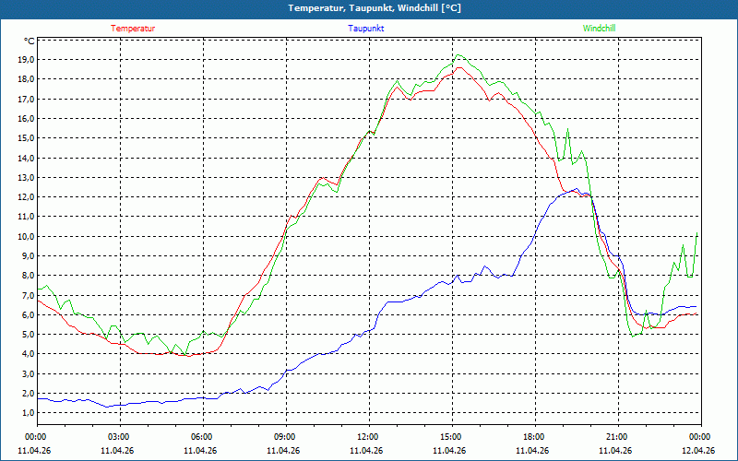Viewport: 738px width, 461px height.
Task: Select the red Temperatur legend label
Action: (133, 29)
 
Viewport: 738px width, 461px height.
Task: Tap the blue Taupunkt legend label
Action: (366, 29)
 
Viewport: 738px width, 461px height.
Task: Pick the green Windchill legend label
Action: (599, 29)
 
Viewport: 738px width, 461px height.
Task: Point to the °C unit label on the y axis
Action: (30, 41)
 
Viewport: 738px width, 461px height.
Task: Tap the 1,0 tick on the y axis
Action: (28, 412)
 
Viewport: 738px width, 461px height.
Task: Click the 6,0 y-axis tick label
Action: (28, 314)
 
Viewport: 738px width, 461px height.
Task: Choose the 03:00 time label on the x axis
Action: (118, 436)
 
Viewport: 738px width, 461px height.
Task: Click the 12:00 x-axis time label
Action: (367, 436)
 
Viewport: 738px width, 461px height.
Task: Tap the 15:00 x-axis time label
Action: (450, 436)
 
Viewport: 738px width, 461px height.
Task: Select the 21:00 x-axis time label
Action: (616, 436)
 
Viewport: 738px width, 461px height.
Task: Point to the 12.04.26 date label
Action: (699, 450)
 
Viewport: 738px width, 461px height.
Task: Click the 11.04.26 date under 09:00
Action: (284, 450)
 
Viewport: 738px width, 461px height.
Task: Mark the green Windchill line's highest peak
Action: (458, 54)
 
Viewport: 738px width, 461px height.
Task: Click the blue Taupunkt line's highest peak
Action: (576, 189)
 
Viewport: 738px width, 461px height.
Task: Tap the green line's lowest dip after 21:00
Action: (633, 336)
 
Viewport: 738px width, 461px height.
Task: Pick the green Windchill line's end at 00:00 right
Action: (697, 232)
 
